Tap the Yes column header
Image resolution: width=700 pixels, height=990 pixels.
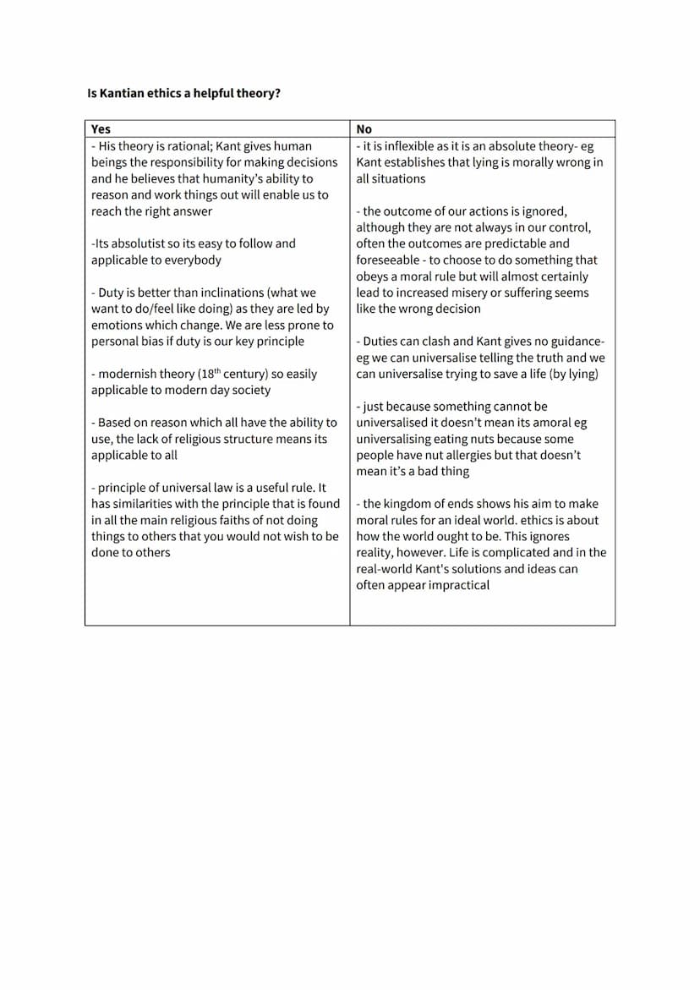pyautogui.click(x=101, y=129)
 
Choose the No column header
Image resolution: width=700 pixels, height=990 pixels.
pyautogui.click(x=364, y=129)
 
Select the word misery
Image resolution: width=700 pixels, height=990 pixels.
pyautogui.click(x=465, y=293)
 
